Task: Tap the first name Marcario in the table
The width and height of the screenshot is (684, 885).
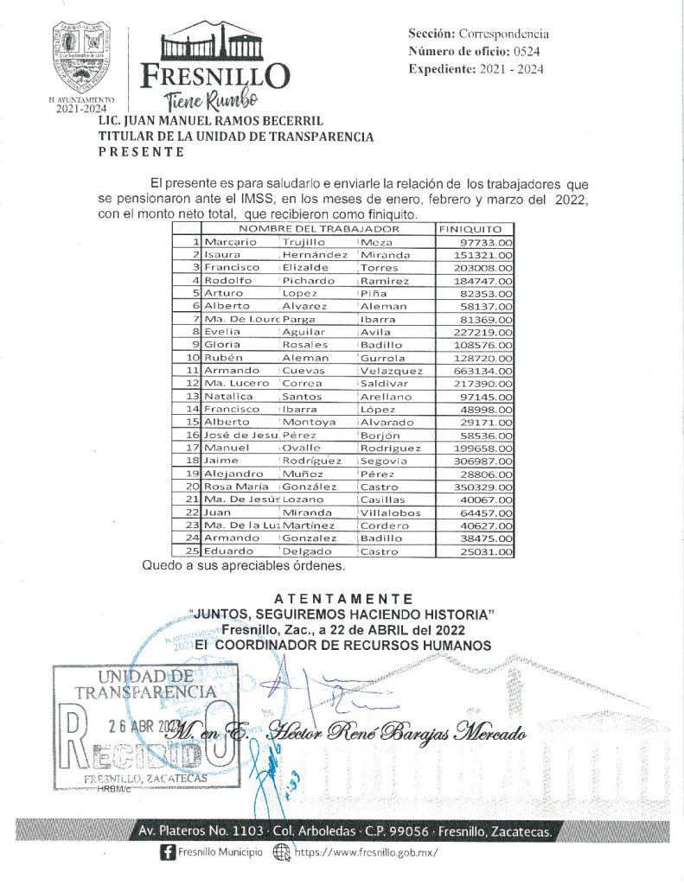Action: pyautogui.click(x=231, y=243)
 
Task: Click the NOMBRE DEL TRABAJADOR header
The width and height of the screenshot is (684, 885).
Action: pyautogui.click(x=319, y=229)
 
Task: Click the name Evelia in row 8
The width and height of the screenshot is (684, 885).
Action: pyautogui.click(x=221, y=333)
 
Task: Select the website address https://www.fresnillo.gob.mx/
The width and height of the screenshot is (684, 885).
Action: pyautogui.click(x=367, y=852)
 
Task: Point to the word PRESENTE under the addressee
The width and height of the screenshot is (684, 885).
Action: pyautogui.click(x=141, y=152)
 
